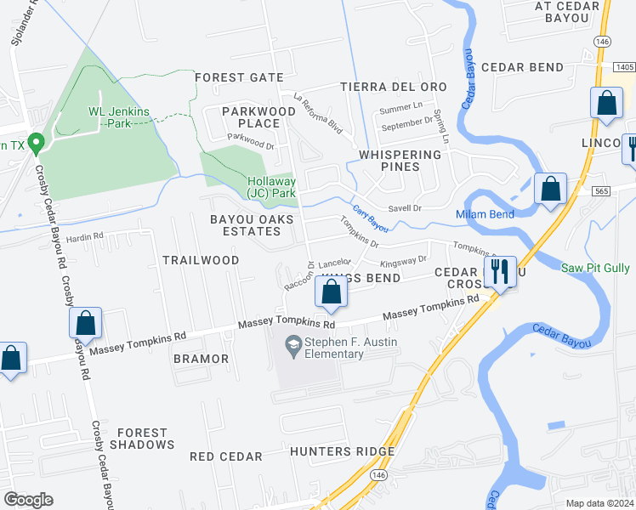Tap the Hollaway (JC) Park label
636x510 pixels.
[x=271, y=187]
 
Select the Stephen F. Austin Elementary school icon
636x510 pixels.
[x=293, y=343]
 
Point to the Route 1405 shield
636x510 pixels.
[x=624, y=67]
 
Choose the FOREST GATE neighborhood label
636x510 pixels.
[x=239, y=77]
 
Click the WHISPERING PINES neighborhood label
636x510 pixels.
[x=400, y=161]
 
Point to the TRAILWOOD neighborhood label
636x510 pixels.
[x=201, y=259]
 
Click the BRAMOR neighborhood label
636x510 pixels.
[x=202, y=359]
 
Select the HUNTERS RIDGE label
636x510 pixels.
[x=342, y=451]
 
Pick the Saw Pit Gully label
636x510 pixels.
[x=596, y=268]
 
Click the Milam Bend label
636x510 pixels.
[x=485, y=214]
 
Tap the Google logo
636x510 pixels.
[x=29, y=500]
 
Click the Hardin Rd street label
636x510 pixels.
[x=85, y=235]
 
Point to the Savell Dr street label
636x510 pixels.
[x=406, y=207]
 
